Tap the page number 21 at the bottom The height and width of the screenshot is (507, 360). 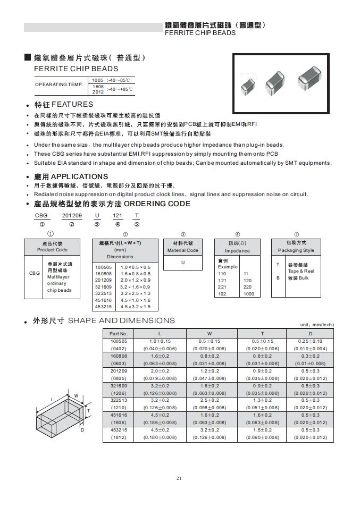click(179, 478)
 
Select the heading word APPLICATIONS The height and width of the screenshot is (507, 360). click(79, 176)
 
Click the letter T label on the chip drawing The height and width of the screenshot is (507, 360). click(89, 411)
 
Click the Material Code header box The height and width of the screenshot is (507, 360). click(183, 247)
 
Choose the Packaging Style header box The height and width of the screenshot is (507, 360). click(296, 247)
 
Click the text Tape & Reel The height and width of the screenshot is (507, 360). click(301, 271)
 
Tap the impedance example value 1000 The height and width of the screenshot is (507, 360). click(248, 294)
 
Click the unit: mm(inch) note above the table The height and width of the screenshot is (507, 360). click(317, 324)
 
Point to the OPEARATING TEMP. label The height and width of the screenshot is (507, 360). click(59, 84)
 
